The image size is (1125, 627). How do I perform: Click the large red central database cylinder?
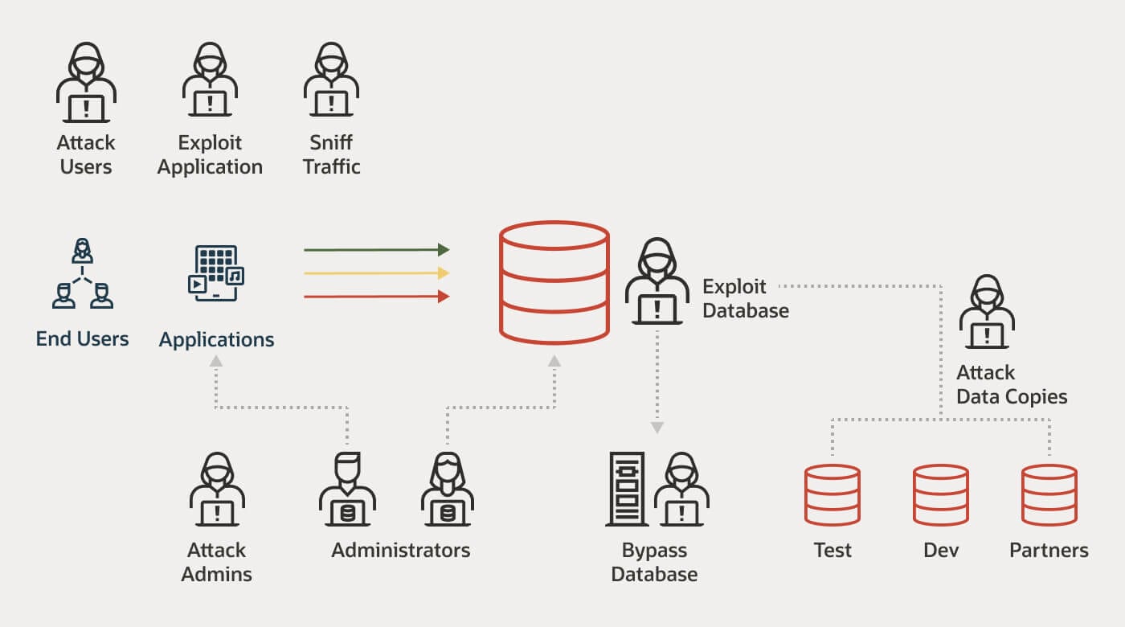pos(554,282)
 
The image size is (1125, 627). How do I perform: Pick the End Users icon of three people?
pos(82,273)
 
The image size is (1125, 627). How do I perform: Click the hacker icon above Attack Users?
pos(86,83)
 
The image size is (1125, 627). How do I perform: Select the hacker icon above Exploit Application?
pos(210,83)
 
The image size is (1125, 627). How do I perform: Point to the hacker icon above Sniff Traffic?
pos(331,83)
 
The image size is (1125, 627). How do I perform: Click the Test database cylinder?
pos(832,494)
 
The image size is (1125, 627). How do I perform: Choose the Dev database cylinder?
pos(940,494)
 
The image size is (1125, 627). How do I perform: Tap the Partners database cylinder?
pos(1049,494)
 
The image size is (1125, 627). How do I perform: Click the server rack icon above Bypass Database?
pos(627,489)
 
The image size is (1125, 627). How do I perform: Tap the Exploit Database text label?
pos(745,298)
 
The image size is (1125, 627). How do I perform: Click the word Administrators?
pos(400,551)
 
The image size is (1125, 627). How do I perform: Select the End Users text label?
pos(82,338)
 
